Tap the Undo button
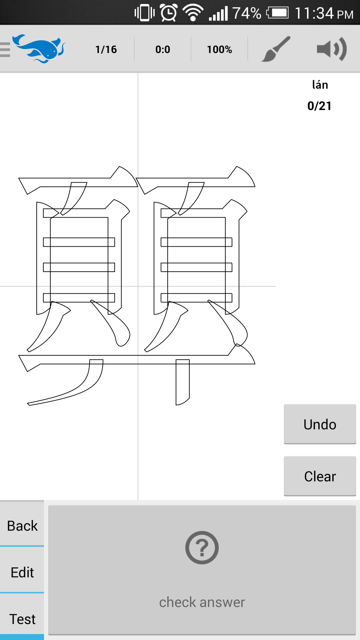click(320, 424)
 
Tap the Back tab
click(22, 526)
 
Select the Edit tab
click(22, 572)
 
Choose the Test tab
click(22, 619)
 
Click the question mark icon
click(202, 547)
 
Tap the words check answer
click(202, 602)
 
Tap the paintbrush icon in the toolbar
click(276, 49)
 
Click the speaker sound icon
click(332, 49)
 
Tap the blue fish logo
click(39, 49)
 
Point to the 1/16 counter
click(106, 49)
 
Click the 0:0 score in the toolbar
click(163, 49)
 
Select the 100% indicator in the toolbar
click(219, 49)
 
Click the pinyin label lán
click(320, 85)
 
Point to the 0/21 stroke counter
click(319, 106)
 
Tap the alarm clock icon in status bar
click(169, 13)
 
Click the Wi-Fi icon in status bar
click(193, 13)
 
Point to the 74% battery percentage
click(247, 13)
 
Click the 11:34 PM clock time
click(324, 13)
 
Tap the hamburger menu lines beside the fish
click(5, 50)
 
